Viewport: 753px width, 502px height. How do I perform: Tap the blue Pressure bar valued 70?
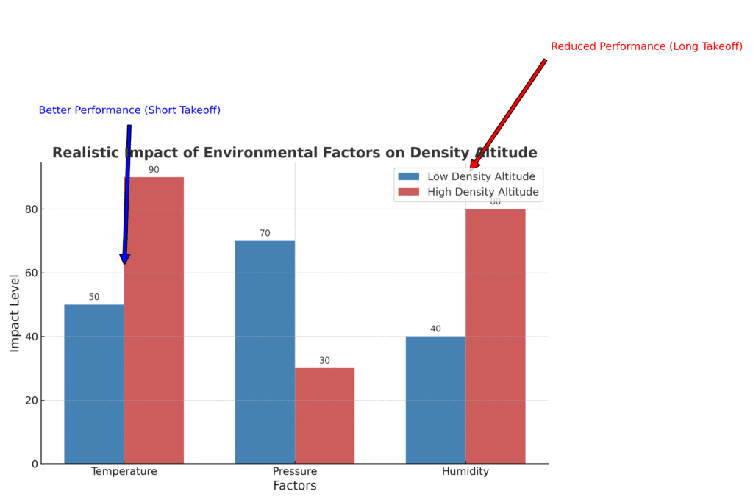coord(265,352)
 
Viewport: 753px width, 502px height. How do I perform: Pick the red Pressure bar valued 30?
coord(324,415)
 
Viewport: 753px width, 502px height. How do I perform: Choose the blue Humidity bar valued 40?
coord(435,400)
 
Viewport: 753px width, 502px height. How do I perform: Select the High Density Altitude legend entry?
coord(483,193)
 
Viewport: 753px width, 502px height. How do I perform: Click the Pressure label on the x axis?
coord(295,472)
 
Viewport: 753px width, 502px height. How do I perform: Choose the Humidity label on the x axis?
coord(465,472)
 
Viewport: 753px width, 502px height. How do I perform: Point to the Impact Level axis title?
coord(15,313)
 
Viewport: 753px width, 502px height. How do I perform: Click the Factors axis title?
coord(294,486)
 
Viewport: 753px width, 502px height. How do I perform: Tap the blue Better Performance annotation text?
coord(129,110)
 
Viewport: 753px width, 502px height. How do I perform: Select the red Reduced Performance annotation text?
coord(646,46)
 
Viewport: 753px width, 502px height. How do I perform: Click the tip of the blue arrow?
coord(124,263)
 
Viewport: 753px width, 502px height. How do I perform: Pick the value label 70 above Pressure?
coord(265,234)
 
